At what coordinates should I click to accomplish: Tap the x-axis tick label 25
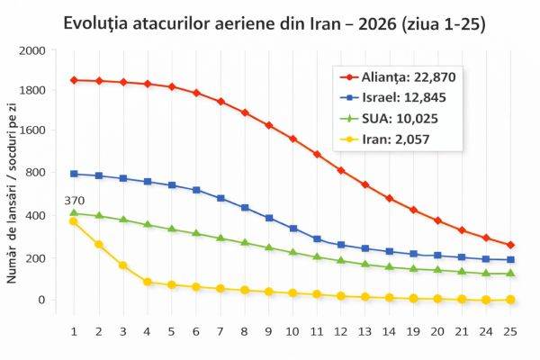510,330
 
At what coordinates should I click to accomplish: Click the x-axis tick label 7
220,330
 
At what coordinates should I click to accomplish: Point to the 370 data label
74,200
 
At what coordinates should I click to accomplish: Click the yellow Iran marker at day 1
74,221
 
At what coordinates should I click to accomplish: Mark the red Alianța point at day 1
74,80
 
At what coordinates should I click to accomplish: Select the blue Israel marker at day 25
510,259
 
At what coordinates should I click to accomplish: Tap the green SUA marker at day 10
292,252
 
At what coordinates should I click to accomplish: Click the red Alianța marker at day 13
364,184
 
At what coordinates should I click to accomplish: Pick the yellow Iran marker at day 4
147,282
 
